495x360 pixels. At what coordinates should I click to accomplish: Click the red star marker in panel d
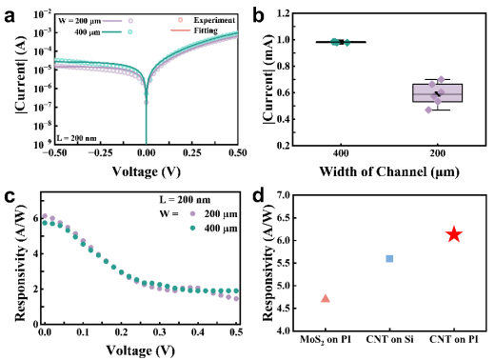coord(454,234)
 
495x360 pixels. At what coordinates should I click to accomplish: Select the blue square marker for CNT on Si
coord(389,259)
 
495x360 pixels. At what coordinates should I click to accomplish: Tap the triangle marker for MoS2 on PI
coord(326,298)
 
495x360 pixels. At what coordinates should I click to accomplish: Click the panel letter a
coord(10,16)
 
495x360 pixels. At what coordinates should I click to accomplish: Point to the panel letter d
coord(259,196)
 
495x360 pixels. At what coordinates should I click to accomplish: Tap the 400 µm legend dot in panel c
coord(192,228)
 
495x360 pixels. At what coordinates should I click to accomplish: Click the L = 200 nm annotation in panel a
coord(76,138)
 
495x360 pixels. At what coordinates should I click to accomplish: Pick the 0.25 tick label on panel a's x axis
coord(192,153)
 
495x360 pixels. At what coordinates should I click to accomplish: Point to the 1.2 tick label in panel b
coord(283,13)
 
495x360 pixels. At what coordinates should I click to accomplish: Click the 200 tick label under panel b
coord(438,153)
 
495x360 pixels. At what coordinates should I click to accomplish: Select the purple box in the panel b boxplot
coord(438,92)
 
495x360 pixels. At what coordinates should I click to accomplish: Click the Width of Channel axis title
coord(389,171)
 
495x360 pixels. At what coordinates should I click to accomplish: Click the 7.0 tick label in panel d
coord(283,195)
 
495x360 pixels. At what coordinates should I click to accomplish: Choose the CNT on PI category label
coord(454,339)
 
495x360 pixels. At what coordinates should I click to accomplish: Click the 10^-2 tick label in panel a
coord(43,14)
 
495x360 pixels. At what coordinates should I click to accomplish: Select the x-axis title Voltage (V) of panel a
coord(147,171)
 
